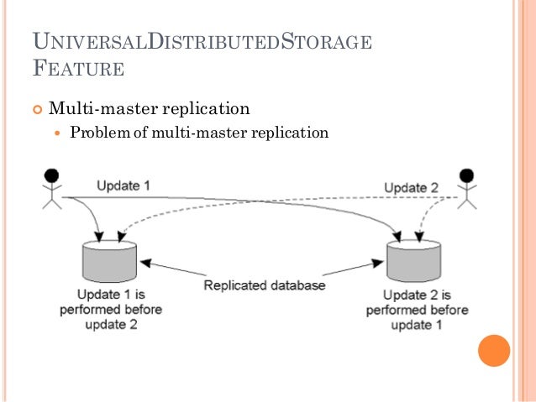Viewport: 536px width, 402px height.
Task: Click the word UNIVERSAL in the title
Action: (x=87, y=42)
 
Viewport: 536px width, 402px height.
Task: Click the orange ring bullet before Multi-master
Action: (x=36, y=108)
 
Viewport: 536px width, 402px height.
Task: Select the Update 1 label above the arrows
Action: (x=123, y=185)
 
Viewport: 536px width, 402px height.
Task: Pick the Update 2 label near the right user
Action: (x=411, y=187)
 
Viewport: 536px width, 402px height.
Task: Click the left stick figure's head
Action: (x=52, y=176)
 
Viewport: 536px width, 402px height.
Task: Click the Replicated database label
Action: (x=264, y=286)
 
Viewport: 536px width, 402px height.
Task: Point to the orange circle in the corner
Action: (x=493, y=350)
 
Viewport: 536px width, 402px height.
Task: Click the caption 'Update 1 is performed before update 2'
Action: (x=109, y=310)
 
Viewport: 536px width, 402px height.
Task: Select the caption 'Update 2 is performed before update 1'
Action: (x=417, y=310)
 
